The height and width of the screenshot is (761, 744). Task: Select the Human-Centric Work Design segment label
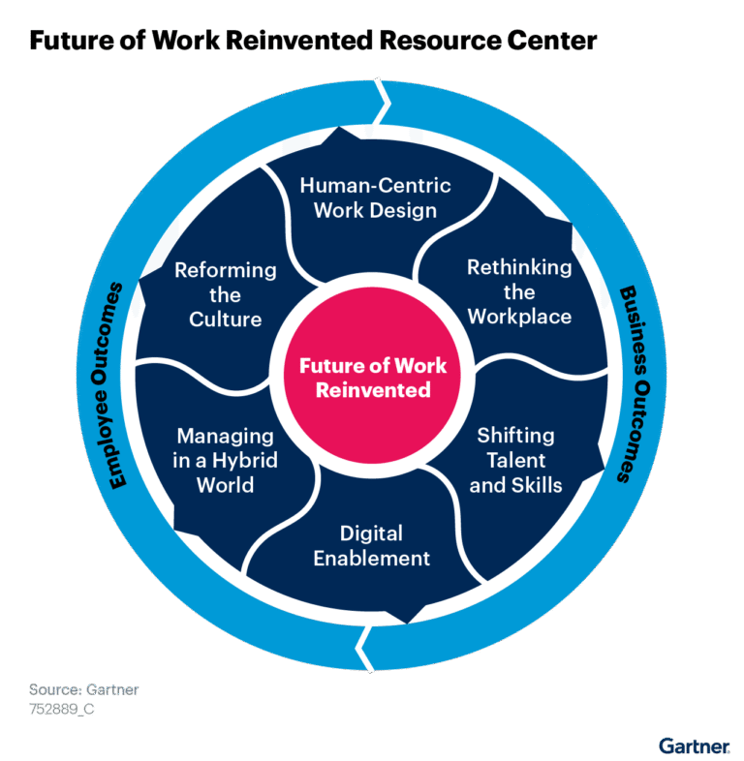(375, 197)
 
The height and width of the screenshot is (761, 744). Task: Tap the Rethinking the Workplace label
(519, 291)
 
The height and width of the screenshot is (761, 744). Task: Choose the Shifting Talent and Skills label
(515, 460)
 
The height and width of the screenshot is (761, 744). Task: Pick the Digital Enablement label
(372, 545)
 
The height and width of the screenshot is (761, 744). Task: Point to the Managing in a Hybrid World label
(225, 460)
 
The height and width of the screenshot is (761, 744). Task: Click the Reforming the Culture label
(226, 293)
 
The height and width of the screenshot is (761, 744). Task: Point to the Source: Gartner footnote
(83, 690)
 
